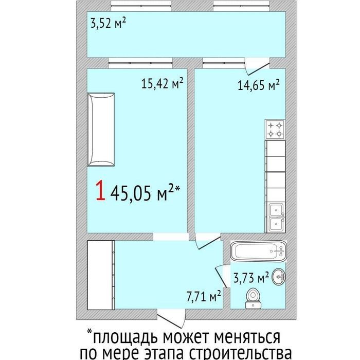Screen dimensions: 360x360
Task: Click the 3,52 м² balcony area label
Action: click(108, 23)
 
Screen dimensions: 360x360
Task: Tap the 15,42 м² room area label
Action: click(162, 83)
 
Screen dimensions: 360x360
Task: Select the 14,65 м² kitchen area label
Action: click(259, 85)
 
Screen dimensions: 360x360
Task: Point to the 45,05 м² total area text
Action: click(145, 193)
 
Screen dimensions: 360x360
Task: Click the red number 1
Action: click(101, 191)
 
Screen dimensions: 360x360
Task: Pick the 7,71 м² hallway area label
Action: click(204, 296)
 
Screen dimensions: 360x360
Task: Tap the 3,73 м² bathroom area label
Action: click(251, 277)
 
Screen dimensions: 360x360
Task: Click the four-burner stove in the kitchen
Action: click(275, 130)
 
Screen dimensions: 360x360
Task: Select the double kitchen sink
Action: click(275, 218)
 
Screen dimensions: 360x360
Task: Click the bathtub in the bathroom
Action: click(258, 251)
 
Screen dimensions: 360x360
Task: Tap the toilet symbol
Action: click(253, 298)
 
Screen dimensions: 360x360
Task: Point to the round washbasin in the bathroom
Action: click(279, 277)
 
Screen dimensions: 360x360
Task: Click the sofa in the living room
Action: click(101, 130)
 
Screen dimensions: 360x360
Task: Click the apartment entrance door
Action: click(171, 321)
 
